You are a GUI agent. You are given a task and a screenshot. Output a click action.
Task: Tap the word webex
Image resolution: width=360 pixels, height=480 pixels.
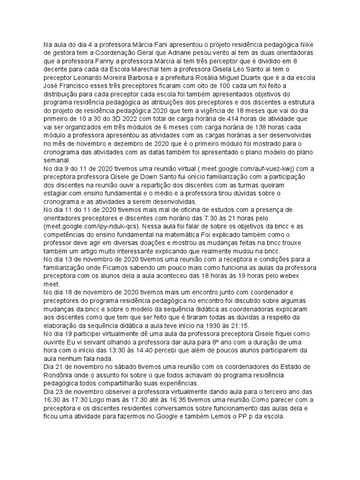(294, 277)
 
